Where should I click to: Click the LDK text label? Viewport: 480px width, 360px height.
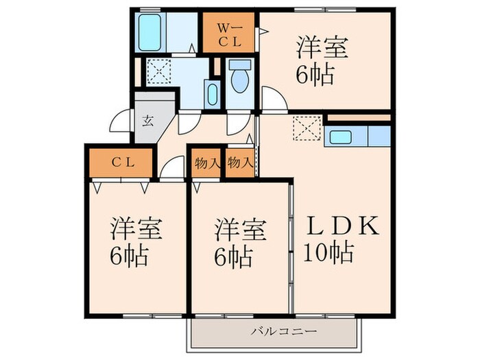click(x=341, y=226)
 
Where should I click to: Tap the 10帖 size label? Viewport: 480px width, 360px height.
click(x=329, y=254)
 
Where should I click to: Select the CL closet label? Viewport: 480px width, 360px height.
click(x=123, y=163)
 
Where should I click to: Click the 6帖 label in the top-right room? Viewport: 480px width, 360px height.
click(x=315, y=74)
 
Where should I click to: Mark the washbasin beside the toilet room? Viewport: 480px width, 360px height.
click(x=211, y=95)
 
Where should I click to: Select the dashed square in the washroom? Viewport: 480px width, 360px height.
click(x=159, y=70)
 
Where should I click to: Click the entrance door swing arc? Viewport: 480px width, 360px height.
click(x=120, y=123)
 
